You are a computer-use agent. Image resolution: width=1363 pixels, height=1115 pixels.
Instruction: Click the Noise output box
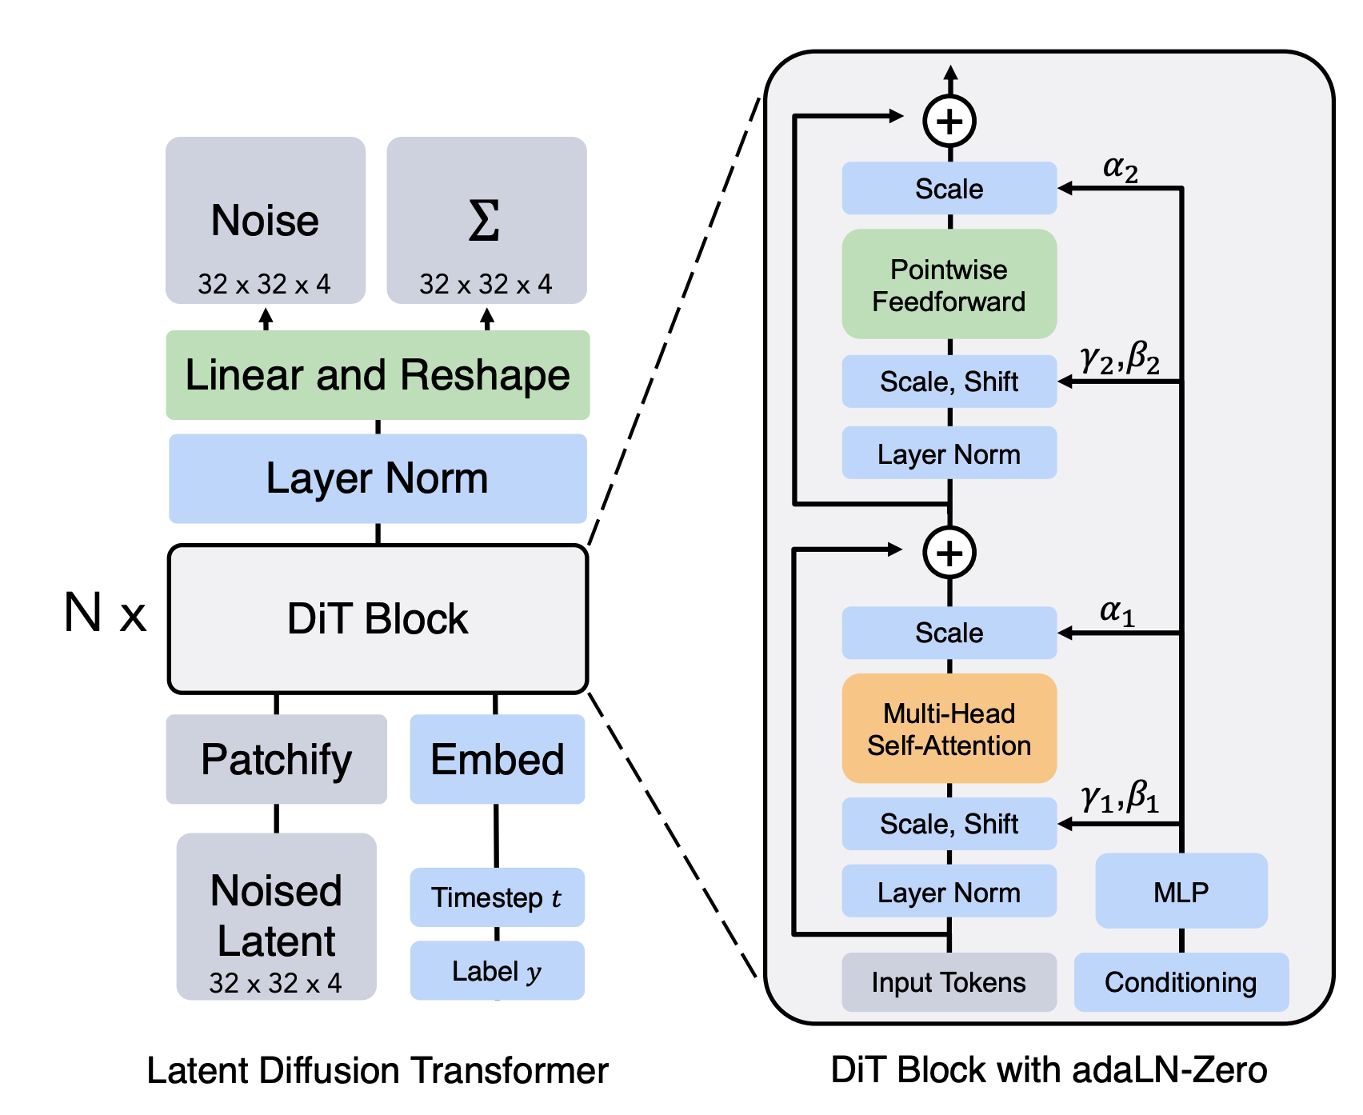point(266,220)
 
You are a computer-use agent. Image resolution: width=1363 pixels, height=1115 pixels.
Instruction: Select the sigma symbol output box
point(486,220)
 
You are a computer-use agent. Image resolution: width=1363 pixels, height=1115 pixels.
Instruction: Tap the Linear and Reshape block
point(378,375)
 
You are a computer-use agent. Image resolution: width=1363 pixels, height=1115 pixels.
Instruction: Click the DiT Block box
point(378,619)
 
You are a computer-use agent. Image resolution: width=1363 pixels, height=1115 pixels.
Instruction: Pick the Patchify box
point(277,759)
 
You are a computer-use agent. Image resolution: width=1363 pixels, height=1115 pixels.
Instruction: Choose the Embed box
point(498,759)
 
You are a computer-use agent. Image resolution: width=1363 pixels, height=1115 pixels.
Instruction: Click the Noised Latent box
point(277,917)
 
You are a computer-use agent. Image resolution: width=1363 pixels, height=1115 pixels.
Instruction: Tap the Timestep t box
point(498,897)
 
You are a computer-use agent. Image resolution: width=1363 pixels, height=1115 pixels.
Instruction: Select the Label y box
point(498,970)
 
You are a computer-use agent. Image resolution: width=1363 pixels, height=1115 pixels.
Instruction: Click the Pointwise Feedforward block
point(949,284)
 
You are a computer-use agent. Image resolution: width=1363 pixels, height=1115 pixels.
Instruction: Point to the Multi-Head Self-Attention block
point(949,729)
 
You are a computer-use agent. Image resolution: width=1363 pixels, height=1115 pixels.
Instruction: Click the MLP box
point(1181,891)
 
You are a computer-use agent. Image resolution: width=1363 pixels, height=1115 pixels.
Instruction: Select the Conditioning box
point(1181,982)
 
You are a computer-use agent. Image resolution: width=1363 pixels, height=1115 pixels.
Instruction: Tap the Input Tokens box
point(949,982)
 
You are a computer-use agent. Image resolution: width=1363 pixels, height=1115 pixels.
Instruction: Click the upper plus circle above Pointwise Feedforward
point(949,122)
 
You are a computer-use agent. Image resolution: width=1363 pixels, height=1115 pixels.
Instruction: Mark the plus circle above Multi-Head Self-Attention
point(949,553)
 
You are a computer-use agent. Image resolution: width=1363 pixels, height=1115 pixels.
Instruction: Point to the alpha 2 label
point(1121,169)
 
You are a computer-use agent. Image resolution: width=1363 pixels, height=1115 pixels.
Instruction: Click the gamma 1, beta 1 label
point(1120,797)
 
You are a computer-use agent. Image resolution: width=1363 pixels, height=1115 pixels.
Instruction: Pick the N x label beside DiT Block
point(106,613)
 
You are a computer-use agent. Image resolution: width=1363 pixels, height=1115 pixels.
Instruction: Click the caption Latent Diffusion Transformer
point(378,1070)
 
